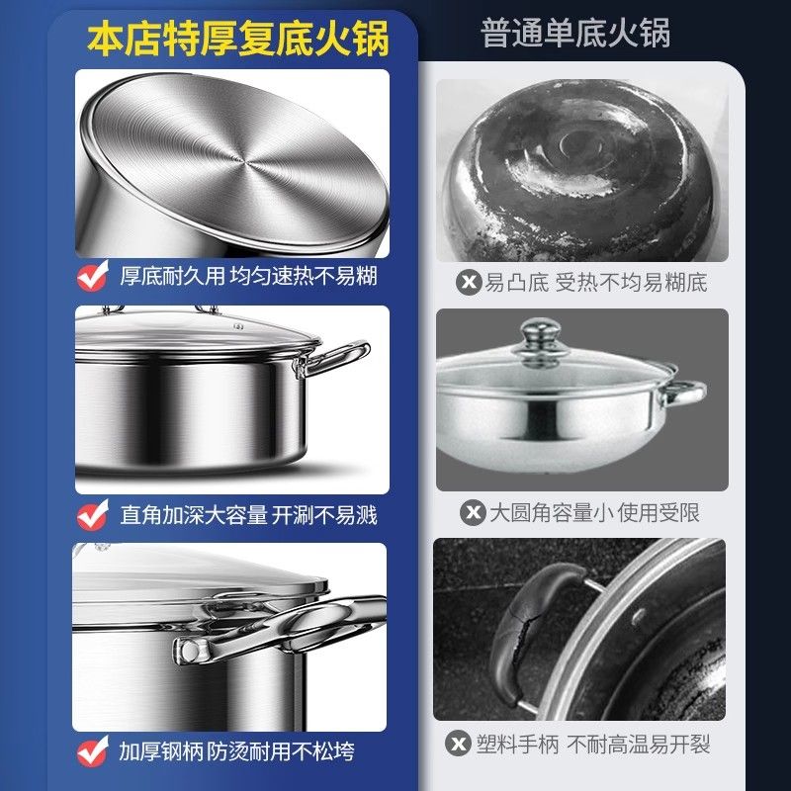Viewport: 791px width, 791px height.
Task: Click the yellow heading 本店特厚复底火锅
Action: point(238,38)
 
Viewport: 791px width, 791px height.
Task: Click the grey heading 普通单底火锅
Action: point(575,33)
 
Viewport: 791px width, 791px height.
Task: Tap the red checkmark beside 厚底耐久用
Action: point(93,276)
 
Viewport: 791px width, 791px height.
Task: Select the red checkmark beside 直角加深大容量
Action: point(93,514)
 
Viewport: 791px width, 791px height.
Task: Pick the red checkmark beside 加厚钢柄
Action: point(93,751)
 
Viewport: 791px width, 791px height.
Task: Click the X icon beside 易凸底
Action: point(469,282)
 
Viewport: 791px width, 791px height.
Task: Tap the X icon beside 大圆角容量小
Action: point(473,512)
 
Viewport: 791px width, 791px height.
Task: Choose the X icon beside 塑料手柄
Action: point(458,744)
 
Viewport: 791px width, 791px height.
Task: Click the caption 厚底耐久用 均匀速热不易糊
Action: point(248,276)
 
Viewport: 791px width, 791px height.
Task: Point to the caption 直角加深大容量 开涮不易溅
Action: point(248,515)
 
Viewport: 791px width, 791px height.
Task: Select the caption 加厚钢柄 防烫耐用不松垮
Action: point(236,751)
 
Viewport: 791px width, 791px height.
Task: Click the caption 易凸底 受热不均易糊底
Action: point(596,282)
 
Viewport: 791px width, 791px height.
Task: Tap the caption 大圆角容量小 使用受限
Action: point(594,512)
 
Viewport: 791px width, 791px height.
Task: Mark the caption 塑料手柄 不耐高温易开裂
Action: point(592,744)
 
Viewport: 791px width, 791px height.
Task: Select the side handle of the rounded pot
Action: point(682,392)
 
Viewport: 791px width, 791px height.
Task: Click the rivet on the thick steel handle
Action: point(190,651)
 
